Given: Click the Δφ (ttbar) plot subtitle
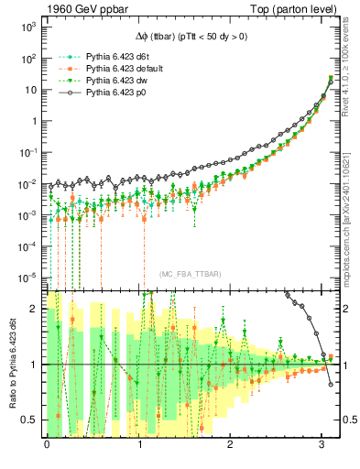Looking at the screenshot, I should click(185, 35).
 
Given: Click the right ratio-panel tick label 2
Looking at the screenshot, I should click(344, 309).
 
